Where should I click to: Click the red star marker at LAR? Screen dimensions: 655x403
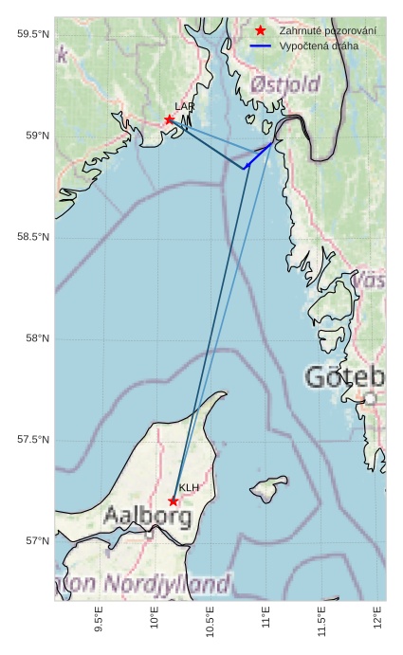click(170, 119)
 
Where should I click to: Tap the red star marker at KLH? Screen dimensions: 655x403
click(174, 500)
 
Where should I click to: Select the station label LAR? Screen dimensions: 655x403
click(184, 107)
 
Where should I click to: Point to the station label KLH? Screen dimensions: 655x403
click(189, 488)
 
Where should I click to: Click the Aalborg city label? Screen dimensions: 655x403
click(147, 518)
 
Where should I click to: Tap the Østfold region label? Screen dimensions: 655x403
click(285, 86)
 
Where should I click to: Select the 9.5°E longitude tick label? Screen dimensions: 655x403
click(100, 620)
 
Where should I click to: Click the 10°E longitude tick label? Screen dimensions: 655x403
click(155, 620)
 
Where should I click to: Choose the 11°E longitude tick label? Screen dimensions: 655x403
click(266, 620)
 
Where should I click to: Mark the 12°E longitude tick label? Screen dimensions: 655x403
click(378, 620)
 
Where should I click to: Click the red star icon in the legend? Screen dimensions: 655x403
click(261, 31)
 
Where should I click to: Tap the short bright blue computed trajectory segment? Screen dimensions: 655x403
click(258, 155)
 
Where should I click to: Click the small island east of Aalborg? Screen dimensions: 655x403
click(268, 491)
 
